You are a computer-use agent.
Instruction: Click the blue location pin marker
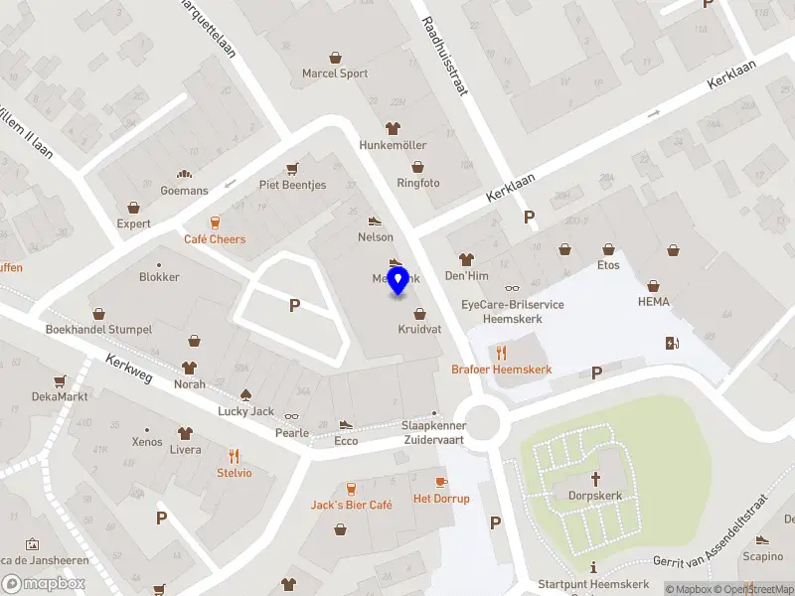point(398,281)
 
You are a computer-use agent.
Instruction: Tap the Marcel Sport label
point(335,74)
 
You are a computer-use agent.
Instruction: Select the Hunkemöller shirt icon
point(393,128)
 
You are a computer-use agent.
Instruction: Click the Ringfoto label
point(418,184)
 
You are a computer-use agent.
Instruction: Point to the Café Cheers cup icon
point(215,223)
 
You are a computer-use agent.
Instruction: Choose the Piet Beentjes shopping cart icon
point(292,168)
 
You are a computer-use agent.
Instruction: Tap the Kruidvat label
point(419,329)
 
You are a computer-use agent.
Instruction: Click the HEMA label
point(654,302)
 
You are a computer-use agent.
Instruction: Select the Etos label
point(608,265)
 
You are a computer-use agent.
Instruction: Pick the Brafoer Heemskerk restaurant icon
point(502,352)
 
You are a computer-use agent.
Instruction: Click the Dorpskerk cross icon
point(595,477)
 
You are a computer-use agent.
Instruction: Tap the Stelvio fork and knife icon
point(235,456)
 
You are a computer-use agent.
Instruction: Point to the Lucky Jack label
point(246,411)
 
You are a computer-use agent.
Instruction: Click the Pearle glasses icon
point(292,416)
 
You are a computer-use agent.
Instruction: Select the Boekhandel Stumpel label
point(98,329)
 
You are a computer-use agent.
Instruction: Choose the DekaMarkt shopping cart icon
point(60,380)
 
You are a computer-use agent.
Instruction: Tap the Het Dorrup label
point(441,499)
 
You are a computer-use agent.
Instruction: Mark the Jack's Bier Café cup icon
point(351,488)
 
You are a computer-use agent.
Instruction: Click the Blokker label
point(159,277)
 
